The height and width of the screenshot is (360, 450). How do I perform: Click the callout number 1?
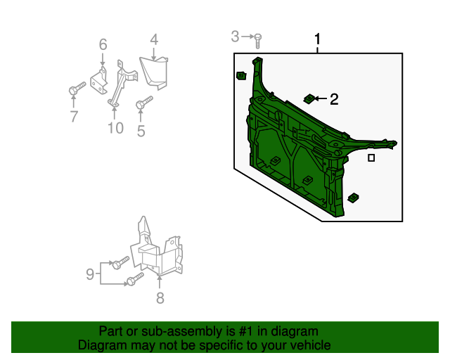(x=318, y=39)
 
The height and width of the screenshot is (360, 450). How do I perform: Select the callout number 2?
(x=334, y=100)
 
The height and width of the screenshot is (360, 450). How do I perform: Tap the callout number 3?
(x=236, y=36)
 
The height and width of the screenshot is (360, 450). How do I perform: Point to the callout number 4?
(x=154, y=40)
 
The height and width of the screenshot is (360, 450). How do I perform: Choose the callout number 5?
(x=141, y=130)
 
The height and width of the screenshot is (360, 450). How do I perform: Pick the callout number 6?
(x=103, y=45)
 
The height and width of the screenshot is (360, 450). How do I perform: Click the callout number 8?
(x=160, y=298)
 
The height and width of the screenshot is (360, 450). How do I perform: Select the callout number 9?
(x=90, y=274)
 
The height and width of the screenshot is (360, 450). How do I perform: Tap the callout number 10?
(x=115, y=127)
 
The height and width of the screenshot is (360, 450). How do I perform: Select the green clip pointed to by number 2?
(x=308, y=98)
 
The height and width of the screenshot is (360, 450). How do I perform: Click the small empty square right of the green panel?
(x=371, y=158)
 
